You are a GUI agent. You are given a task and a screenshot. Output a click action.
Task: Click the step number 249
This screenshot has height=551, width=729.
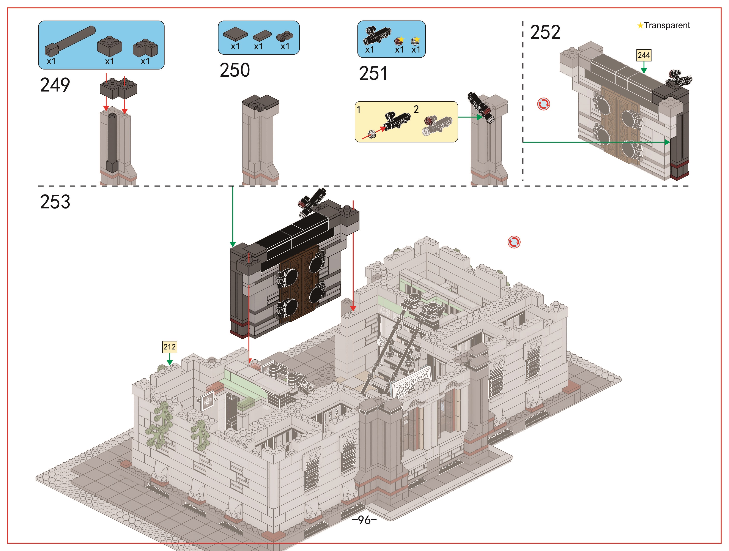coord(55,85)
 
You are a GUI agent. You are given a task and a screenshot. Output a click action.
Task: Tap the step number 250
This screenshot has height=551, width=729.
coord(235,70)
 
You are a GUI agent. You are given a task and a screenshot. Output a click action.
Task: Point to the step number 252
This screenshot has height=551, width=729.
coord(545,32)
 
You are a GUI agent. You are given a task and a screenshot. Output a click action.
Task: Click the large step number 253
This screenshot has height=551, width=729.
coord(55,202)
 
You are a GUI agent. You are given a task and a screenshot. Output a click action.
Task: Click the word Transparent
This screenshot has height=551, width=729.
coord(667,25)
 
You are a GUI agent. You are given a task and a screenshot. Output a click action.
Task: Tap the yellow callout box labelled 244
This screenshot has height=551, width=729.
coord(644,55)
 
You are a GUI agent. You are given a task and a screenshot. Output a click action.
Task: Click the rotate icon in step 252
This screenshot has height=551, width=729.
coord(543,104)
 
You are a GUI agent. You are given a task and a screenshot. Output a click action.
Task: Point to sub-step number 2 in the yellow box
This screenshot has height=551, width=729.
coord(416,109)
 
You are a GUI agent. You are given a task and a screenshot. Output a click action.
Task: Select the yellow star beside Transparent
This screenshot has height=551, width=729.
coord(640,25)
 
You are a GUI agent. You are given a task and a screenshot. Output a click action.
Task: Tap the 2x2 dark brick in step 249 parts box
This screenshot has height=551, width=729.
coord(109,46)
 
